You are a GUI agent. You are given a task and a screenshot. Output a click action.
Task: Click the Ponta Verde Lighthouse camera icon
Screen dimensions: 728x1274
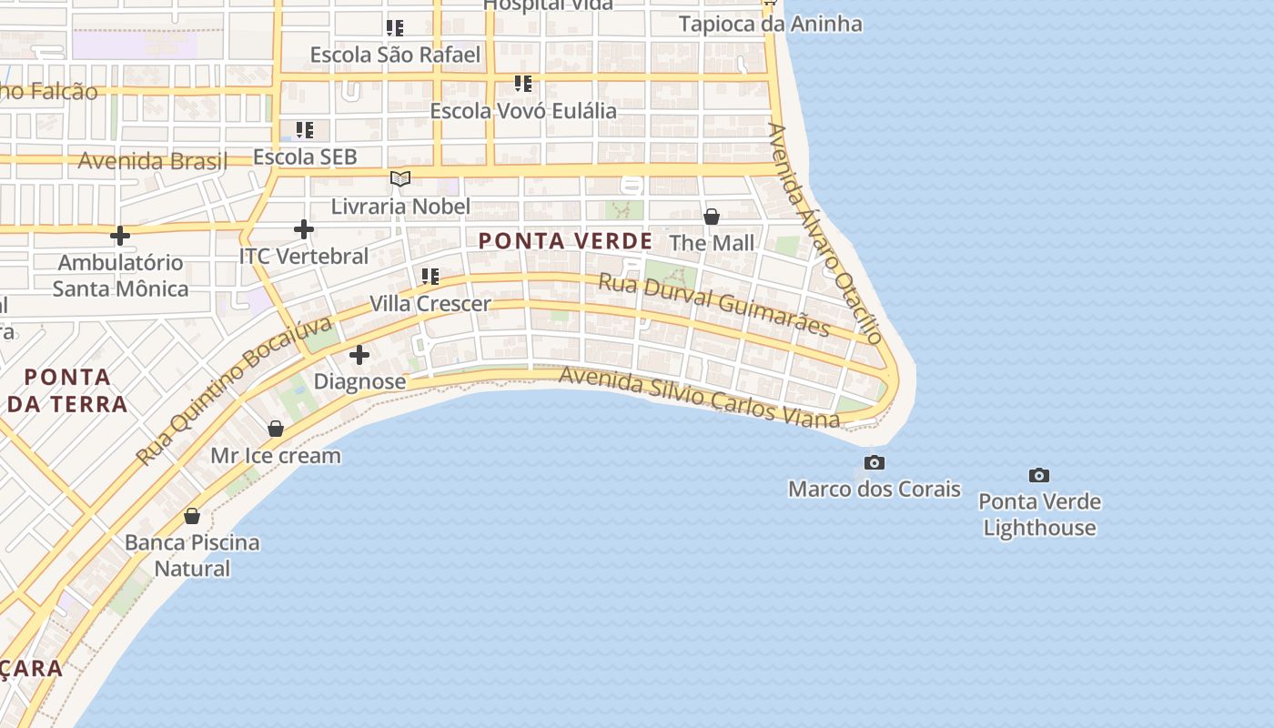click(x=1038, y=475)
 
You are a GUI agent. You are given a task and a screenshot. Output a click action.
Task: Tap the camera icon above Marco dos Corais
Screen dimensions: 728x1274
click(x=874, y=462)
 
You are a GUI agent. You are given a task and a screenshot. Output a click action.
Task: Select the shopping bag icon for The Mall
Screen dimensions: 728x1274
click(x=712, y=217)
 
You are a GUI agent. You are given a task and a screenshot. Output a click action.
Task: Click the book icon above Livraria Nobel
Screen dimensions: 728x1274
click(x=400, y=178)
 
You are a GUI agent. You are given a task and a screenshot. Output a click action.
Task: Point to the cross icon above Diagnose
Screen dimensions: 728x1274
click(x=359, y=354)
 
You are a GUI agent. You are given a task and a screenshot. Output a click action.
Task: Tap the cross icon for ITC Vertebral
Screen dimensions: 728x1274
click(x=304, y=229)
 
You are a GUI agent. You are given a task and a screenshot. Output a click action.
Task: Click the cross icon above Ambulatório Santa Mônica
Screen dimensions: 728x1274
click(x=119, y=236)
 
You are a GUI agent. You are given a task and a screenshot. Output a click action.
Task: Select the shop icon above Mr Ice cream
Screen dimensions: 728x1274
click(x=276, y=429)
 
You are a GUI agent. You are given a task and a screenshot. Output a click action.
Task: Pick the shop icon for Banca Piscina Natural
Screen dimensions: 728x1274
click(x=192, y=516)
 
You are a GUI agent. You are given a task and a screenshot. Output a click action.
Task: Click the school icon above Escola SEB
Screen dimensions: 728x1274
click(x=305, y=130)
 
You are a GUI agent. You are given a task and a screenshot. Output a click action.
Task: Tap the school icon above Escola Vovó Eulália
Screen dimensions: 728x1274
click(x=523, y=84)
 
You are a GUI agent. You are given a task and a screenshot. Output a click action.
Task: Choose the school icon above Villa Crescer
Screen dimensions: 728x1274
click(x=430, y=276)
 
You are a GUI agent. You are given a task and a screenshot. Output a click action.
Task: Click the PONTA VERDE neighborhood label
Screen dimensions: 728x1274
click(x=565, y=241)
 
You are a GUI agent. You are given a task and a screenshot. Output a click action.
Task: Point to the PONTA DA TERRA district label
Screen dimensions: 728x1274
click(x=67, y=389)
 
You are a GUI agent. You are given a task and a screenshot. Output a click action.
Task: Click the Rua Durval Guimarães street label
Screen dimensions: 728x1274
click(x=714, y=304)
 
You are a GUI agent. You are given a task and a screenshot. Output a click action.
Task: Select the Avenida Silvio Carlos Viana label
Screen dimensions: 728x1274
click(x=699, y=398)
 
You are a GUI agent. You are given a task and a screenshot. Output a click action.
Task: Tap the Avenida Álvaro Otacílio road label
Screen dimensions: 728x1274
click(x=824, y=234)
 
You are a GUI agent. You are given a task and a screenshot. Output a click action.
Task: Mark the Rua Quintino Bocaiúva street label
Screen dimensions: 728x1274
click(x=234, y=392)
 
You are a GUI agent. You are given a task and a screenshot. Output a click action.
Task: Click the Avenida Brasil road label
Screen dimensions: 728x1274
click(x=152, y=161)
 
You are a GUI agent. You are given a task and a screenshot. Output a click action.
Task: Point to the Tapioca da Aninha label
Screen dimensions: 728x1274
click(x=770, y=24)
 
